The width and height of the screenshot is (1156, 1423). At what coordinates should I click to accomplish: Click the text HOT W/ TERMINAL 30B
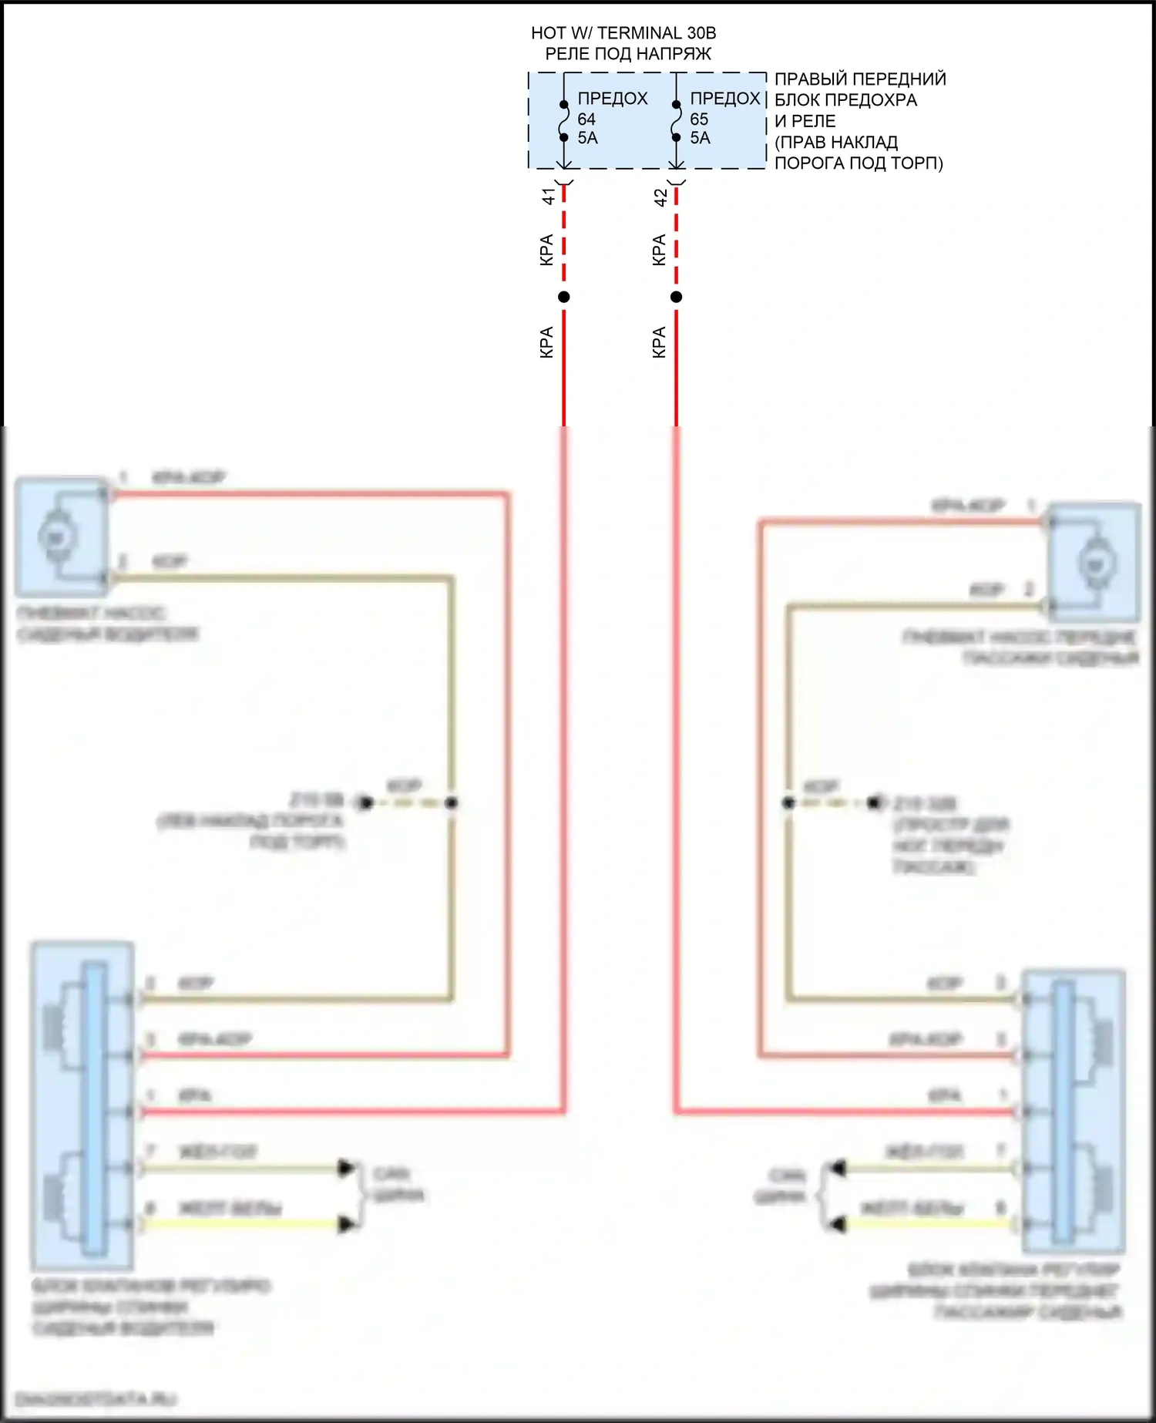point(623,33)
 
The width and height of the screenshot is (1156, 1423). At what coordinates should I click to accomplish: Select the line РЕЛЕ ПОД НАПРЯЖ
point(628,54)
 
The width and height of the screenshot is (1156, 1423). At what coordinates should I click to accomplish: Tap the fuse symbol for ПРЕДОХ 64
point(564,121)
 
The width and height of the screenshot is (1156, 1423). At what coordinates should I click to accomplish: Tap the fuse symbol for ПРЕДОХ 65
point(676,121)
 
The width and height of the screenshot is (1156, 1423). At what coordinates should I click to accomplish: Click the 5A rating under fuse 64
point(587,138)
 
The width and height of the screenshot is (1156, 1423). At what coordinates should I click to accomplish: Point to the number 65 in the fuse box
point(699,119)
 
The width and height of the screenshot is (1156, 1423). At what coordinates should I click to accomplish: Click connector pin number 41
point(548,197)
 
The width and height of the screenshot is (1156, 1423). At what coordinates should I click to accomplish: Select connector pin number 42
point(660,197)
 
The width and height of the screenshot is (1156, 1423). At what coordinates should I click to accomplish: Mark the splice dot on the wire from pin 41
point(564,297)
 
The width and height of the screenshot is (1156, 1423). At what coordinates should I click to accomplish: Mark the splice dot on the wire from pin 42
point(676,297)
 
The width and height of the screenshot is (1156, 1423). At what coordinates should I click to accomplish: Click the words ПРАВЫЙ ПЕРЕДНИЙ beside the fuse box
point(859,79)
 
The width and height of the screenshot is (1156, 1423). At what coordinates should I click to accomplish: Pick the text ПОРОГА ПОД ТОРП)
point(858,163)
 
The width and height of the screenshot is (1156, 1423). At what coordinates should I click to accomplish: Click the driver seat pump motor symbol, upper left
point(55,537)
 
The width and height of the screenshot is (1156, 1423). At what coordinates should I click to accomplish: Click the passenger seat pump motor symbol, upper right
point(1094,563)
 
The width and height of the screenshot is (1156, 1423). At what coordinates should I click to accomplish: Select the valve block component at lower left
point(82,1106)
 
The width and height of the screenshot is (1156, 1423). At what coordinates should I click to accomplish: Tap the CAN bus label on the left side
point(396,1185)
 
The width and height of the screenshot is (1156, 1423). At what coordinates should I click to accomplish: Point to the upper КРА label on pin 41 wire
point(546,250)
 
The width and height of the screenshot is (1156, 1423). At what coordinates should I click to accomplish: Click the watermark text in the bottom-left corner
point(96,1398)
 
